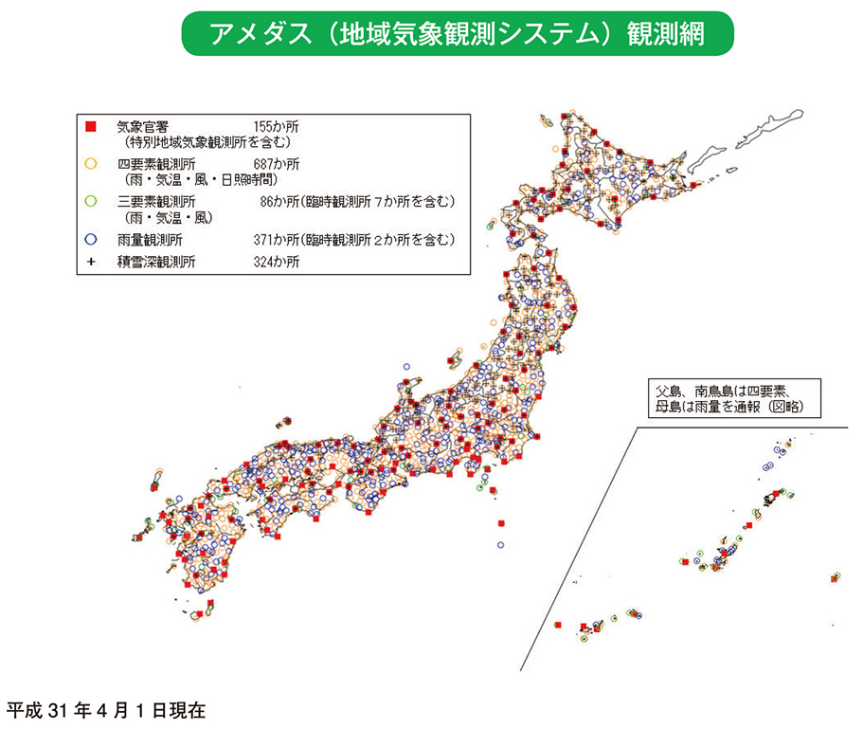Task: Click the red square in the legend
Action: click(91, 126)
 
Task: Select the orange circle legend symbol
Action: click(91, 164)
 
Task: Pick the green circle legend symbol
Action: click(91, 201)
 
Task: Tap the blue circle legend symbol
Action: click(91, 239)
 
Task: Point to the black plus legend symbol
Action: click(91, 262)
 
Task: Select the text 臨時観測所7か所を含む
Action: click(384, 201)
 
